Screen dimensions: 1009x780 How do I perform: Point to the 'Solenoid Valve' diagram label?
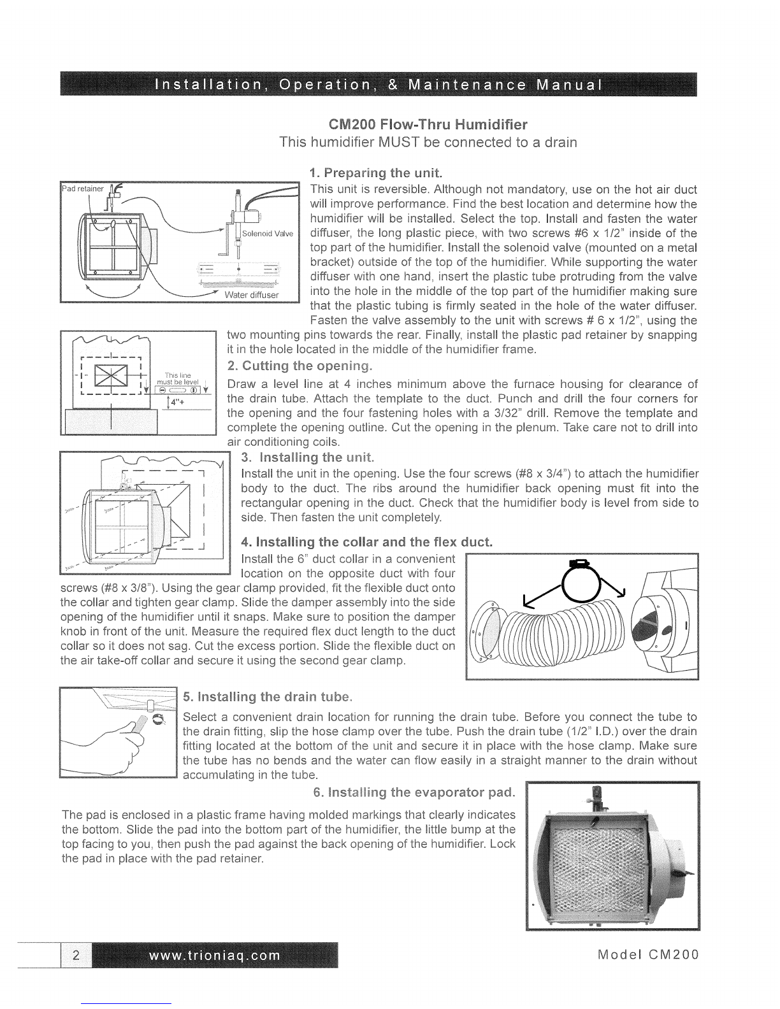coord(268,233)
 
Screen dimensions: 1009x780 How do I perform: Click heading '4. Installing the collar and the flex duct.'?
coord(367,542)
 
